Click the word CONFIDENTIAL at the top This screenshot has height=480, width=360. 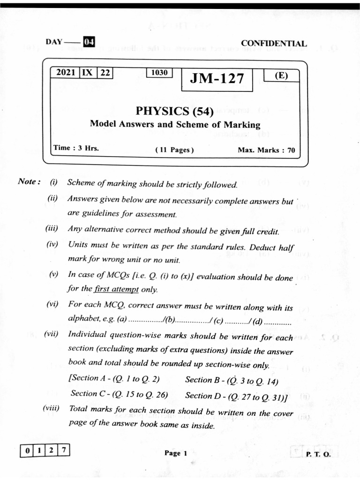[x=274, y=43]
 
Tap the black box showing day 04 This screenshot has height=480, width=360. [x=89, y=42]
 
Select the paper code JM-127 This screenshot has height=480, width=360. [x=217, y=79]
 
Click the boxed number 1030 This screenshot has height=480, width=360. [x=159, y=73]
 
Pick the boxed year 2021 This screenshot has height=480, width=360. [x=65, y=73]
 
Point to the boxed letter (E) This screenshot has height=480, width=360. [x=281, y=75]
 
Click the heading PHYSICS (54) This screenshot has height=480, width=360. [x=174, y=111]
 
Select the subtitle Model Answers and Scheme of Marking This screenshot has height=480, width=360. [x=174, y=124]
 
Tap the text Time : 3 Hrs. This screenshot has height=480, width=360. [x=76, y=148]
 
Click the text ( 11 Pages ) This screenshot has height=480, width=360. [x=174, y=150]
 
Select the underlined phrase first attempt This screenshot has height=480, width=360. [x=116, y=289]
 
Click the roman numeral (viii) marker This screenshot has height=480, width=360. [x=51, y=408]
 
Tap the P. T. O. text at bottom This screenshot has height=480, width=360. [x=318, y=454]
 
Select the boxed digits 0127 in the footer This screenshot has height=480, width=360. [x=45, y=451]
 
